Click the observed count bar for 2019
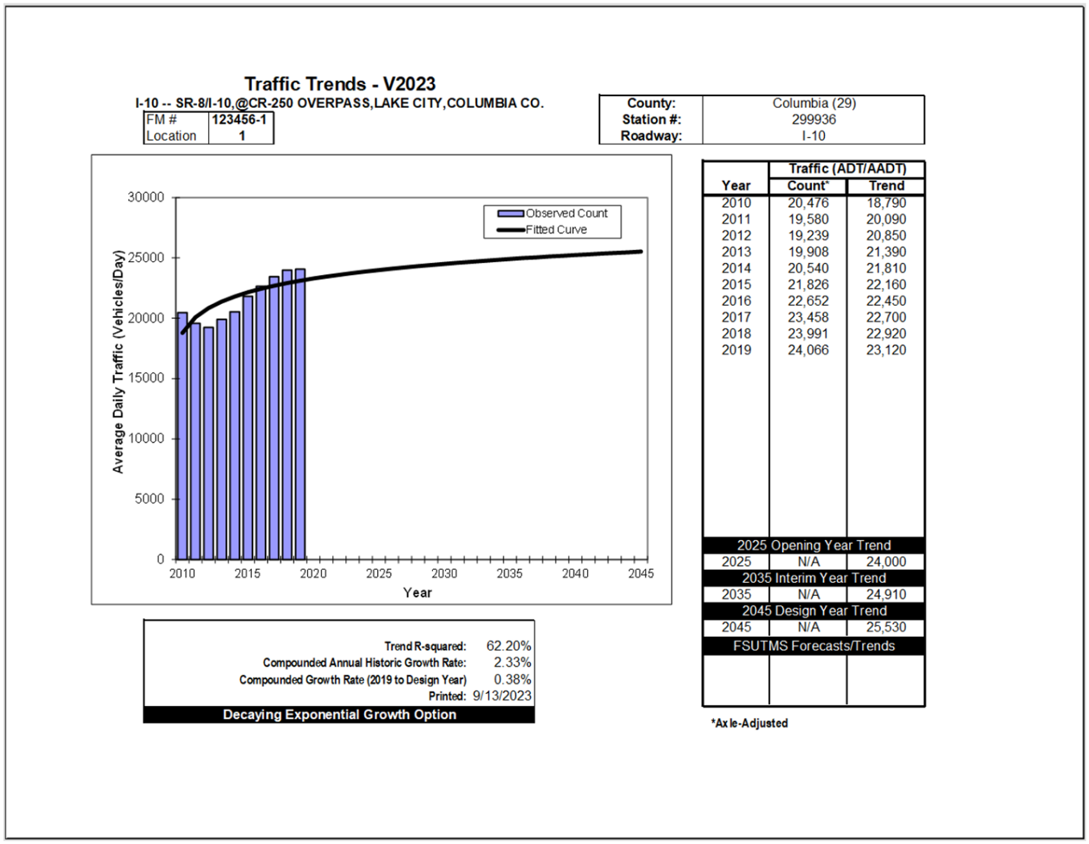tap(300, 414)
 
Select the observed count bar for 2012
tap(208, 443)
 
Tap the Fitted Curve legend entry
tap(543, 230)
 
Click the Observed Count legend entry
tap(553, 214)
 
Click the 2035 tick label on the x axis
tap(509, 574)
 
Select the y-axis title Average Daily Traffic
tap(118, 362)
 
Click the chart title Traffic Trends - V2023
tap(340, 84)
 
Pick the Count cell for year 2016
tap(808, 301)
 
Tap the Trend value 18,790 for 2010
tap(886, 203)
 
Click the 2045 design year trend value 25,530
tap(886, 627)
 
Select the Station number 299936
tap(814, 119)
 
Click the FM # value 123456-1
tap(239, 119)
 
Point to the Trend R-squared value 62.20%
tap(509, 646)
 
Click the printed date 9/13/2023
tap(502, 696)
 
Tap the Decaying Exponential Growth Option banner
tap(339, 714)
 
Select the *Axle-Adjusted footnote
tap(749, 723)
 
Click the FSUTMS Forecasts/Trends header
tap(814, 646)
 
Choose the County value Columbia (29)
tap(814, 103)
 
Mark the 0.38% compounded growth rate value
tap(512, 679)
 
